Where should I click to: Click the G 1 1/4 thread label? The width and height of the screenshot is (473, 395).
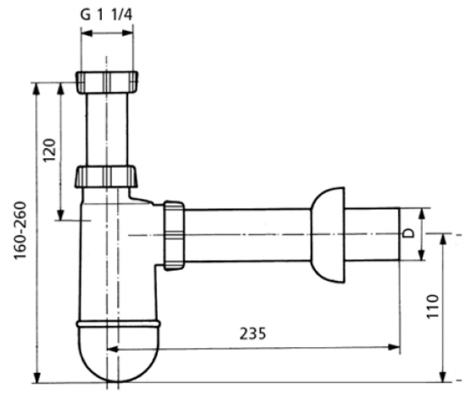pyautogui.click(x=106, y=15)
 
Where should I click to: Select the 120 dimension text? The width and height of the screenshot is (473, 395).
pyautogui.click(x=50, y=150)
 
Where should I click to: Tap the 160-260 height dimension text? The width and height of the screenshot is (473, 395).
pyautogui.click(x=20, y=230)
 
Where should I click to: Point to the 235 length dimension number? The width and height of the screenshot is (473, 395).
pyautogui.click(x=253, y=333)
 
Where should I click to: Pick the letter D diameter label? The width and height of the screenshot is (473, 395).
pyautogui.click(x=409, y=233)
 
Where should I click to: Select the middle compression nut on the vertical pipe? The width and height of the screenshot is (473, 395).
pyautogui.click(x=106, y=177)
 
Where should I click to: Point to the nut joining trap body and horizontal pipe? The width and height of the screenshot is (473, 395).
pyautogui.click(x=174, y=235)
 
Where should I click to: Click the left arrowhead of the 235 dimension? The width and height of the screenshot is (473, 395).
pyautogui.click(x=113, y=349)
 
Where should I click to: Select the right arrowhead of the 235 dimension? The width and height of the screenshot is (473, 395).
pyautogui.click(x=393, y=347)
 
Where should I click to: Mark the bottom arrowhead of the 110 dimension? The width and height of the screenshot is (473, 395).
pyautogui.click(x=443, y=376)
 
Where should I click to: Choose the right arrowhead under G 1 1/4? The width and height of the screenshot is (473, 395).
pyautogui.click(x=127, y=33)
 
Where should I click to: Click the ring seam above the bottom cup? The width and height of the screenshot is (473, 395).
pyautogui.click(x=118, y=324)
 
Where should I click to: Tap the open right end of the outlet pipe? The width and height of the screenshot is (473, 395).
pyautogui.click(x=399, y=234)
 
